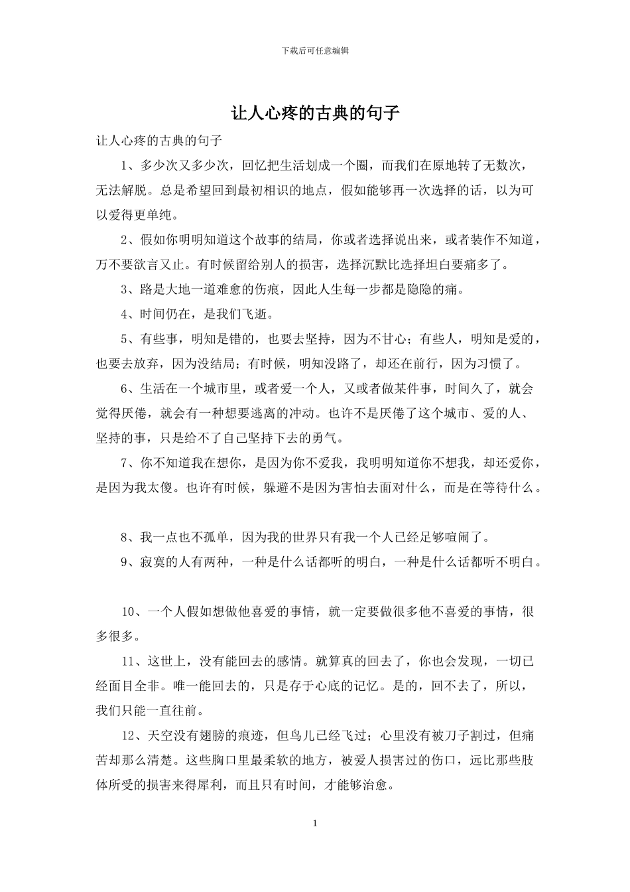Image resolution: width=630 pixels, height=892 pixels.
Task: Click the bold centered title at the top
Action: coord(315,113)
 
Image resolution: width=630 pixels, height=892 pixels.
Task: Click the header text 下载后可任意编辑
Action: coord(315,50)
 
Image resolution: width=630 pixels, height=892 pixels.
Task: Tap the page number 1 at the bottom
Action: coord(315,824)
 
